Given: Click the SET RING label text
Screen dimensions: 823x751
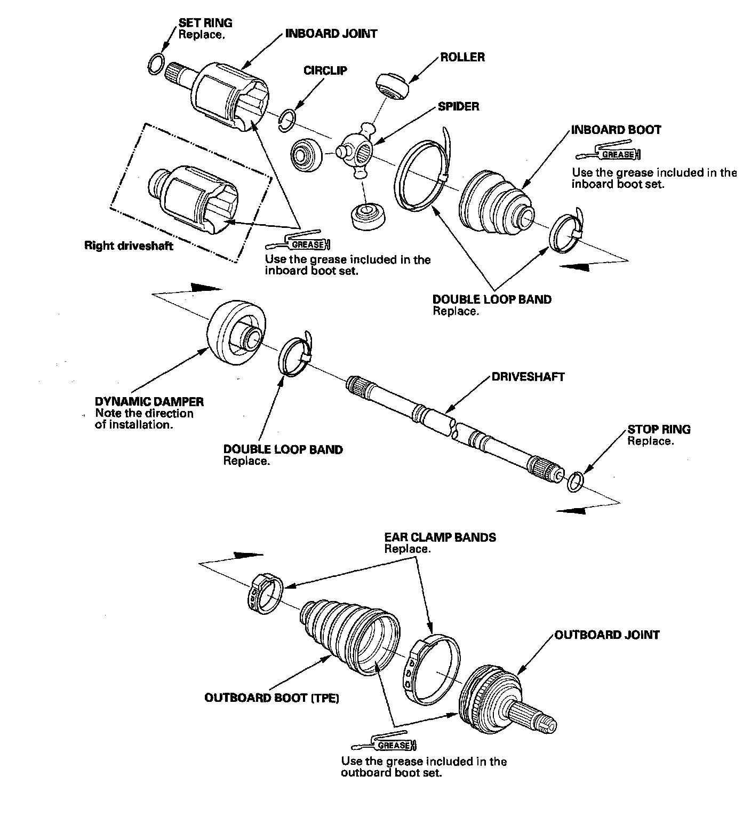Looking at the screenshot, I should click(205, 23).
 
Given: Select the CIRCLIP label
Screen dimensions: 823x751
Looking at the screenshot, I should click(325, 70).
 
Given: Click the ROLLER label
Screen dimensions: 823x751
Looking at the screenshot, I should click(462, 57).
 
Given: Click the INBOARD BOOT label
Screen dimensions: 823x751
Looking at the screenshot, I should click(616, 130).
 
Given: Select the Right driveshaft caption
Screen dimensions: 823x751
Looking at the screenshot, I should click(129, 246).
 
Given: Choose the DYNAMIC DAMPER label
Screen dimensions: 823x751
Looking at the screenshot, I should click(149, 401).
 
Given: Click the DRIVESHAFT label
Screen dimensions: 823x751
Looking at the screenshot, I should click(528, 377).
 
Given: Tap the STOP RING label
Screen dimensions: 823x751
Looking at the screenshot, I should click(659, 429).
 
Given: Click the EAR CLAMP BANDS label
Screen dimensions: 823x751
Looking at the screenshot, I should click(440, 537).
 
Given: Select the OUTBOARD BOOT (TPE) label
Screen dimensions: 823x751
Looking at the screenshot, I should click(272, 698).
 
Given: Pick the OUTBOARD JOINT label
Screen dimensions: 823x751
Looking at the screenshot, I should click(607, 635).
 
